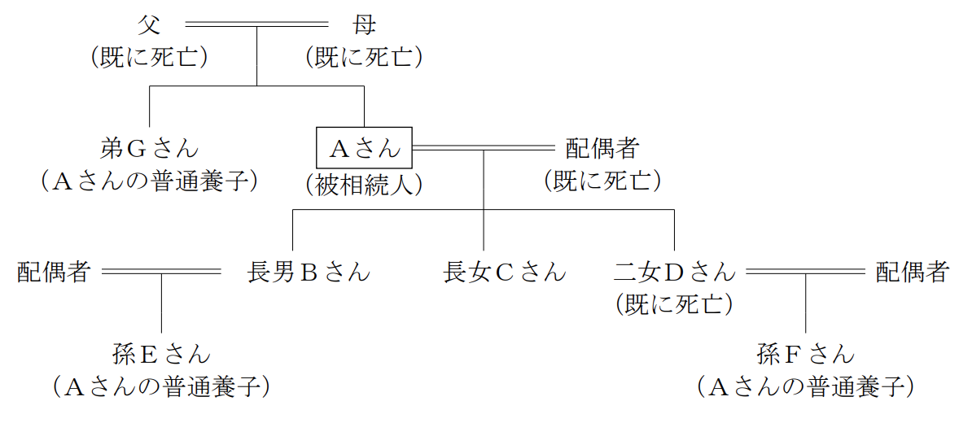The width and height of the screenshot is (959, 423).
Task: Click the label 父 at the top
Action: [148, 25]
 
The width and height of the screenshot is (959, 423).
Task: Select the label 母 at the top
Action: [365, 25]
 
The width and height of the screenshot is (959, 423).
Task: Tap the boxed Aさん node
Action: [365, 147]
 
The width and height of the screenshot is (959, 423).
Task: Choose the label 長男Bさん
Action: [309, 272]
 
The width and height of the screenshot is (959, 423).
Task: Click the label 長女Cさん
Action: [505, 272]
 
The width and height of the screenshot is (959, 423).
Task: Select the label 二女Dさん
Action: [674, 272]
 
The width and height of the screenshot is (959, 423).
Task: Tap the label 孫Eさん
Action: [161, 353]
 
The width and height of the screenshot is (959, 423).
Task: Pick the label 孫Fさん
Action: [805, 353]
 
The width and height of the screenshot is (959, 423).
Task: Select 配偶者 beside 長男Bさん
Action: [55, 272]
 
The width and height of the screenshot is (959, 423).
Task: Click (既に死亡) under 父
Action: [149, 58]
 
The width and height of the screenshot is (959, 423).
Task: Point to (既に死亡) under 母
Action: [365, 58]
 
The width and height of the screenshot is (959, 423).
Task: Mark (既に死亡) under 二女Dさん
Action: [674, 304]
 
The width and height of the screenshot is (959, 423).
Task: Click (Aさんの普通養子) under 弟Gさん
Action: [149, 181]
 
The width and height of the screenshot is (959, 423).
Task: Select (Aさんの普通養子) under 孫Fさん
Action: [805, 386]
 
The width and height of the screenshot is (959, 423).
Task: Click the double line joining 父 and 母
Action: [257, 25]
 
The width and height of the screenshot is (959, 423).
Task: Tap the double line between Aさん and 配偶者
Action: [484, 147]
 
